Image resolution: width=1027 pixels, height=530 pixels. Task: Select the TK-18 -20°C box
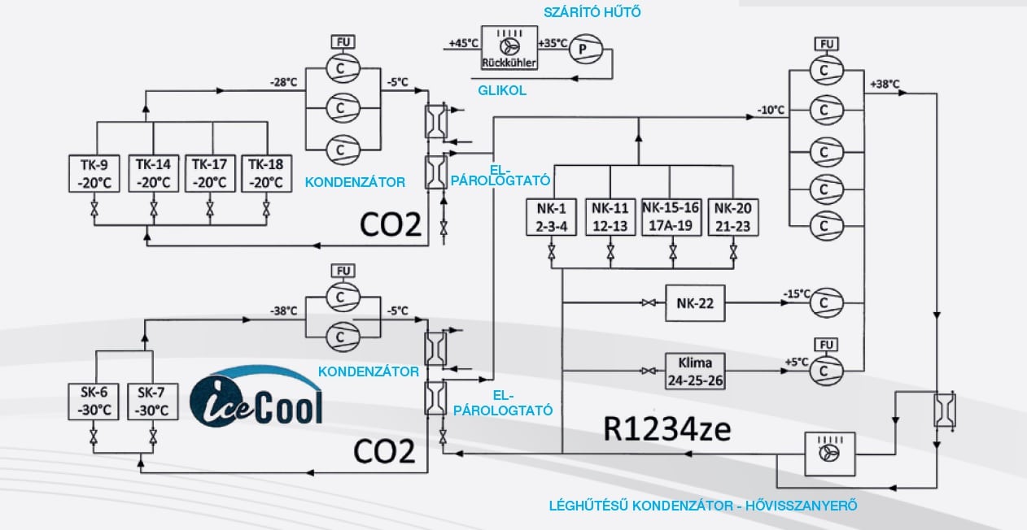point(266,174)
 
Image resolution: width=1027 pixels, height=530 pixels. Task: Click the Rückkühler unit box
point(509,46)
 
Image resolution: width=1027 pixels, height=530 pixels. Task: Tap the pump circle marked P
point(583,50)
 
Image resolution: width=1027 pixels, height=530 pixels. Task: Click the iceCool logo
point(256,397)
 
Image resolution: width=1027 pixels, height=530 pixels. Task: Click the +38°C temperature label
point(885,84)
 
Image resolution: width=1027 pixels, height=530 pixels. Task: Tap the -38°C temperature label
point(283,311)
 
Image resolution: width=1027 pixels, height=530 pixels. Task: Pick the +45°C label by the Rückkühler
point(462,43)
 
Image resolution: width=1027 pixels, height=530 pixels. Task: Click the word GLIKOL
point(502,91)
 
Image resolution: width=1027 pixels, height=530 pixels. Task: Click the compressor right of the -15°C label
point(825,302)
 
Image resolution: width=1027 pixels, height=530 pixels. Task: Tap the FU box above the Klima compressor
point(825,345)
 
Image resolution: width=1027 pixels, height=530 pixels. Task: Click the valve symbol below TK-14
point(154,211)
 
